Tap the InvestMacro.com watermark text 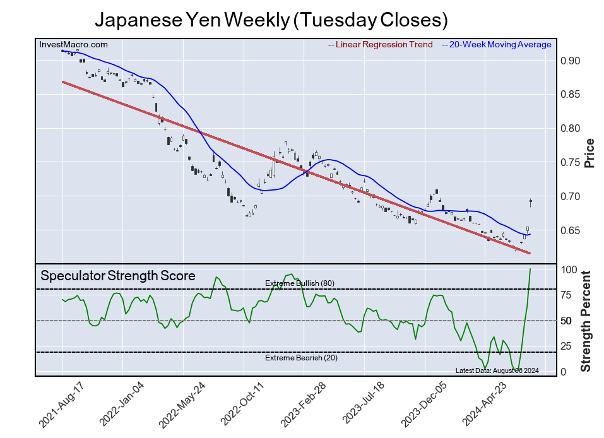coord(73,44)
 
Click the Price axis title coord(589,153)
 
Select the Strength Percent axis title coord(586,321)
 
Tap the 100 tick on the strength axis coord(569,270)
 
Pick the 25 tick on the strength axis coord(567,346)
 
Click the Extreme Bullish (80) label coord(300,283)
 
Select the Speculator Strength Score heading coord(118,276)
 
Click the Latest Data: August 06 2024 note coord(497,370)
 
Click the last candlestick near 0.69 coord(531,202)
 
